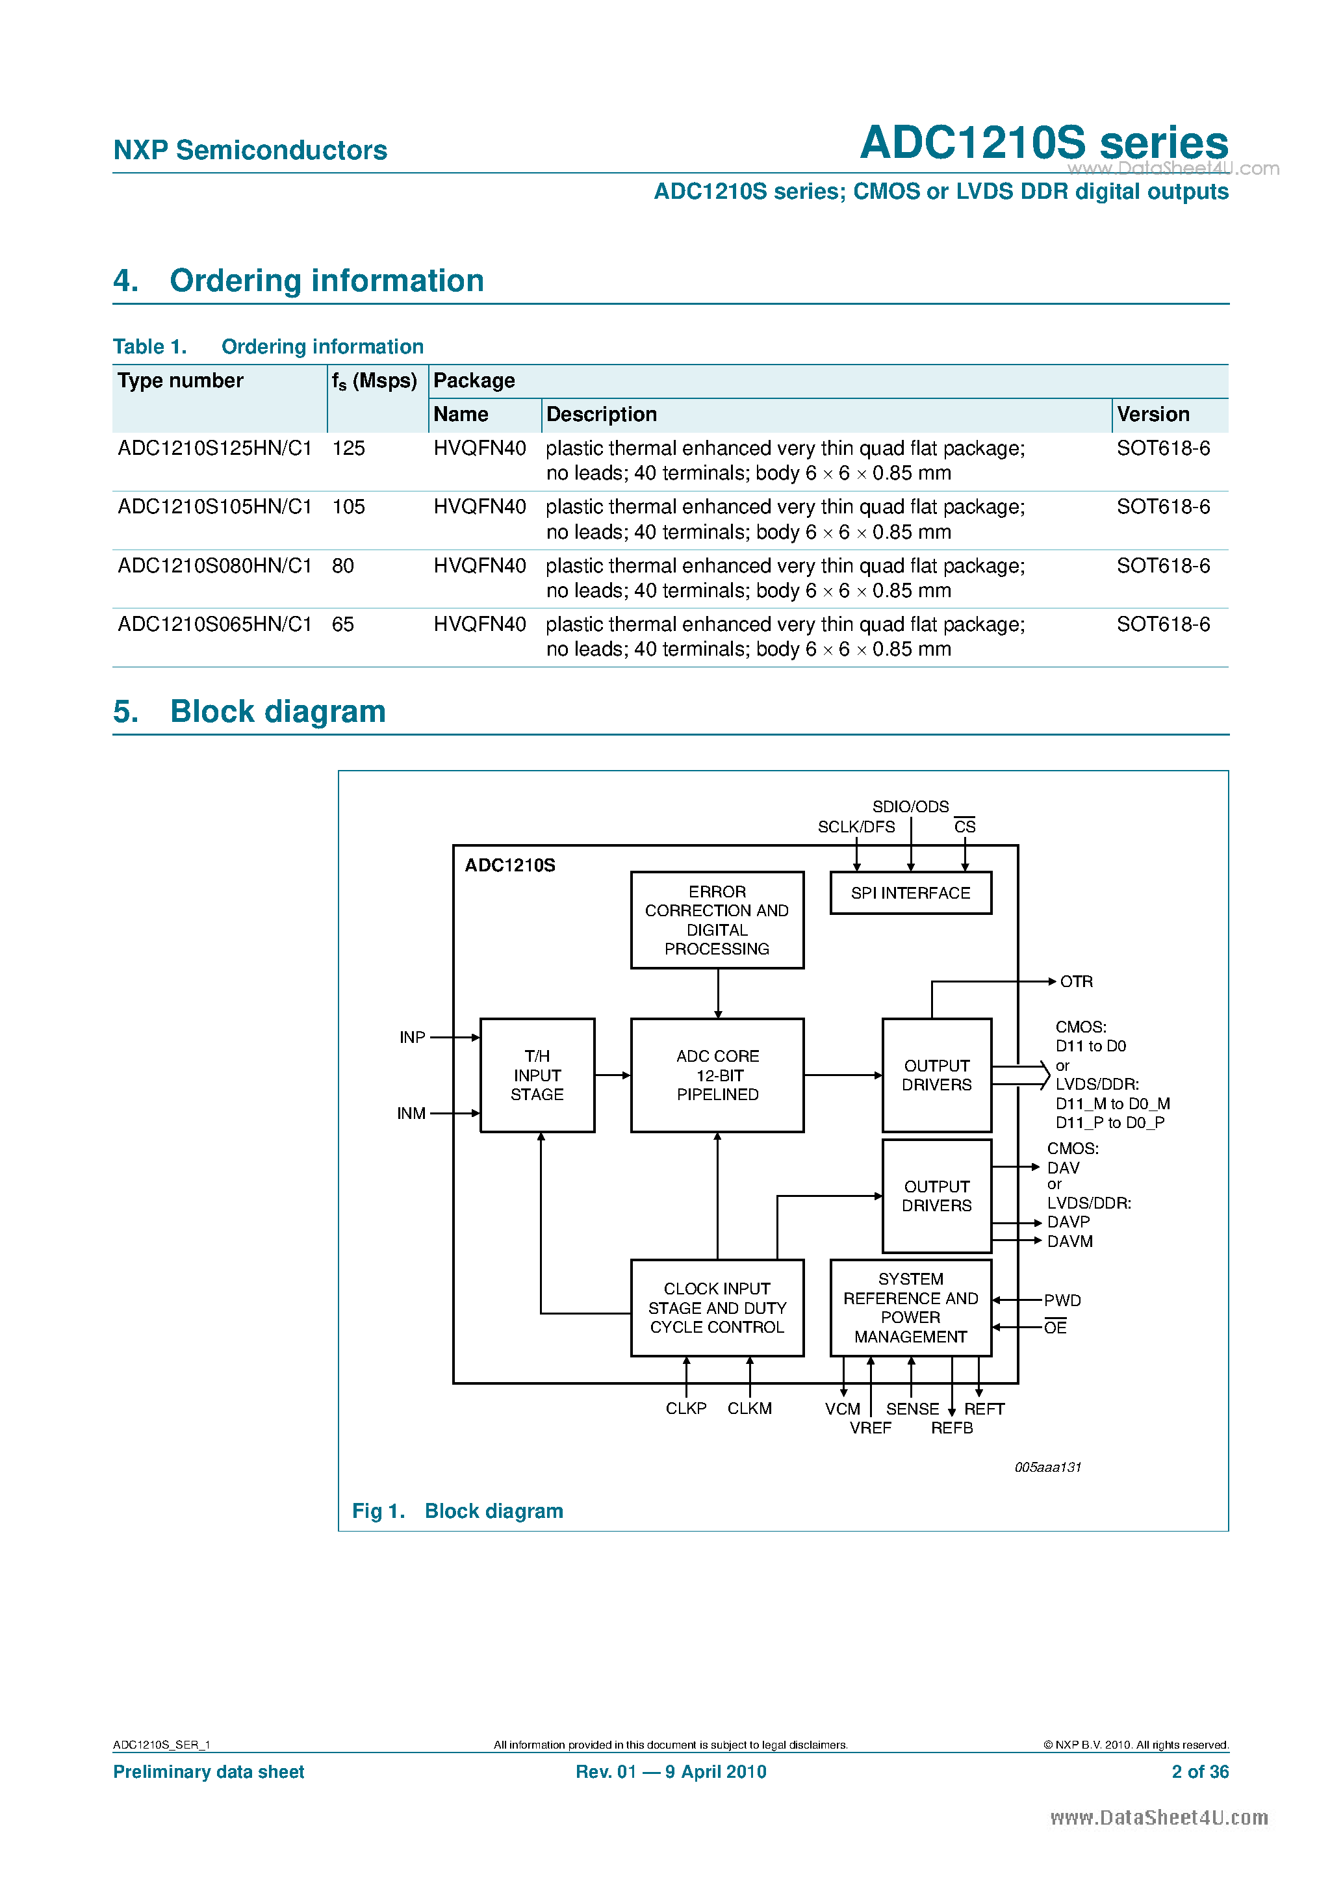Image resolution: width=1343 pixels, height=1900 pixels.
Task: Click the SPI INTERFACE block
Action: [x=910, y=893]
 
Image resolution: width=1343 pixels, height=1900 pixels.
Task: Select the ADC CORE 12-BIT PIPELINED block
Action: [x=717, y=1075]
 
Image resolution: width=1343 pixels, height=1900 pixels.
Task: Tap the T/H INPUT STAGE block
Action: [x=537, y=1075]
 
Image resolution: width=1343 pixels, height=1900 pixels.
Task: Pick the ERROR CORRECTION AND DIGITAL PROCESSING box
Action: [x=717, y=919]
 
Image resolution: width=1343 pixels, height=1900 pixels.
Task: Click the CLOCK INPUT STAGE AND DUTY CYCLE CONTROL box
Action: [x=717, y=1307]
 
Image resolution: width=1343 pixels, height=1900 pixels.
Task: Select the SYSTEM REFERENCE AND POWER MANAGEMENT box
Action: [x=910, y=1307]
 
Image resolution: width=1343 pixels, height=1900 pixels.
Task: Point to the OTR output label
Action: [x=1076, y=981]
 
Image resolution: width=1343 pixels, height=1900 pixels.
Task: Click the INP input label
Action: [x=412, y=1037]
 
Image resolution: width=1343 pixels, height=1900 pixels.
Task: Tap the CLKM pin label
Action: [x=749, y=1409]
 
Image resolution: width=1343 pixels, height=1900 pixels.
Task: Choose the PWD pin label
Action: [x=1062, y=1300]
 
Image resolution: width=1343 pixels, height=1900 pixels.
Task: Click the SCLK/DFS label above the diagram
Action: [x=856, y=827]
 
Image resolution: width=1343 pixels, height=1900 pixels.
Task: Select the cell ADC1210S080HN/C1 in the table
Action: [x=215, y=566]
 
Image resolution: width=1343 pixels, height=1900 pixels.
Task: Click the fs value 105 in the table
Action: [x=348, y=507]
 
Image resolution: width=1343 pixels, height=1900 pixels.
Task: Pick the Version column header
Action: [x=1153, y=415]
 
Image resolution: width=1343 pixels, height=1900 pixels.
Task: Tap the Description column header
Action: [x=602, y=415]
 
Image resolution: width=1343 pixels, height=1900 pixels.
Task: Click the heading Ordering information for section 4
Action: [x=326, y=281]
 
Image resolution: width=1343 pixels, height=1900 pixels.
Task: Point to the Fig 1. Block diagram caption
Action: [x=457, y=1511]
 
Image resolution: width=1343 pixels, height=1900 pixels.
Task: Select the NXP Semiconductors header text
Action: [x=250, y=150]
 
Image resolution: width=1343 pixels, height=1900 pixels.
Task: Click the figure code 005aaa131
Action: [x=1047, y=1467]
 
